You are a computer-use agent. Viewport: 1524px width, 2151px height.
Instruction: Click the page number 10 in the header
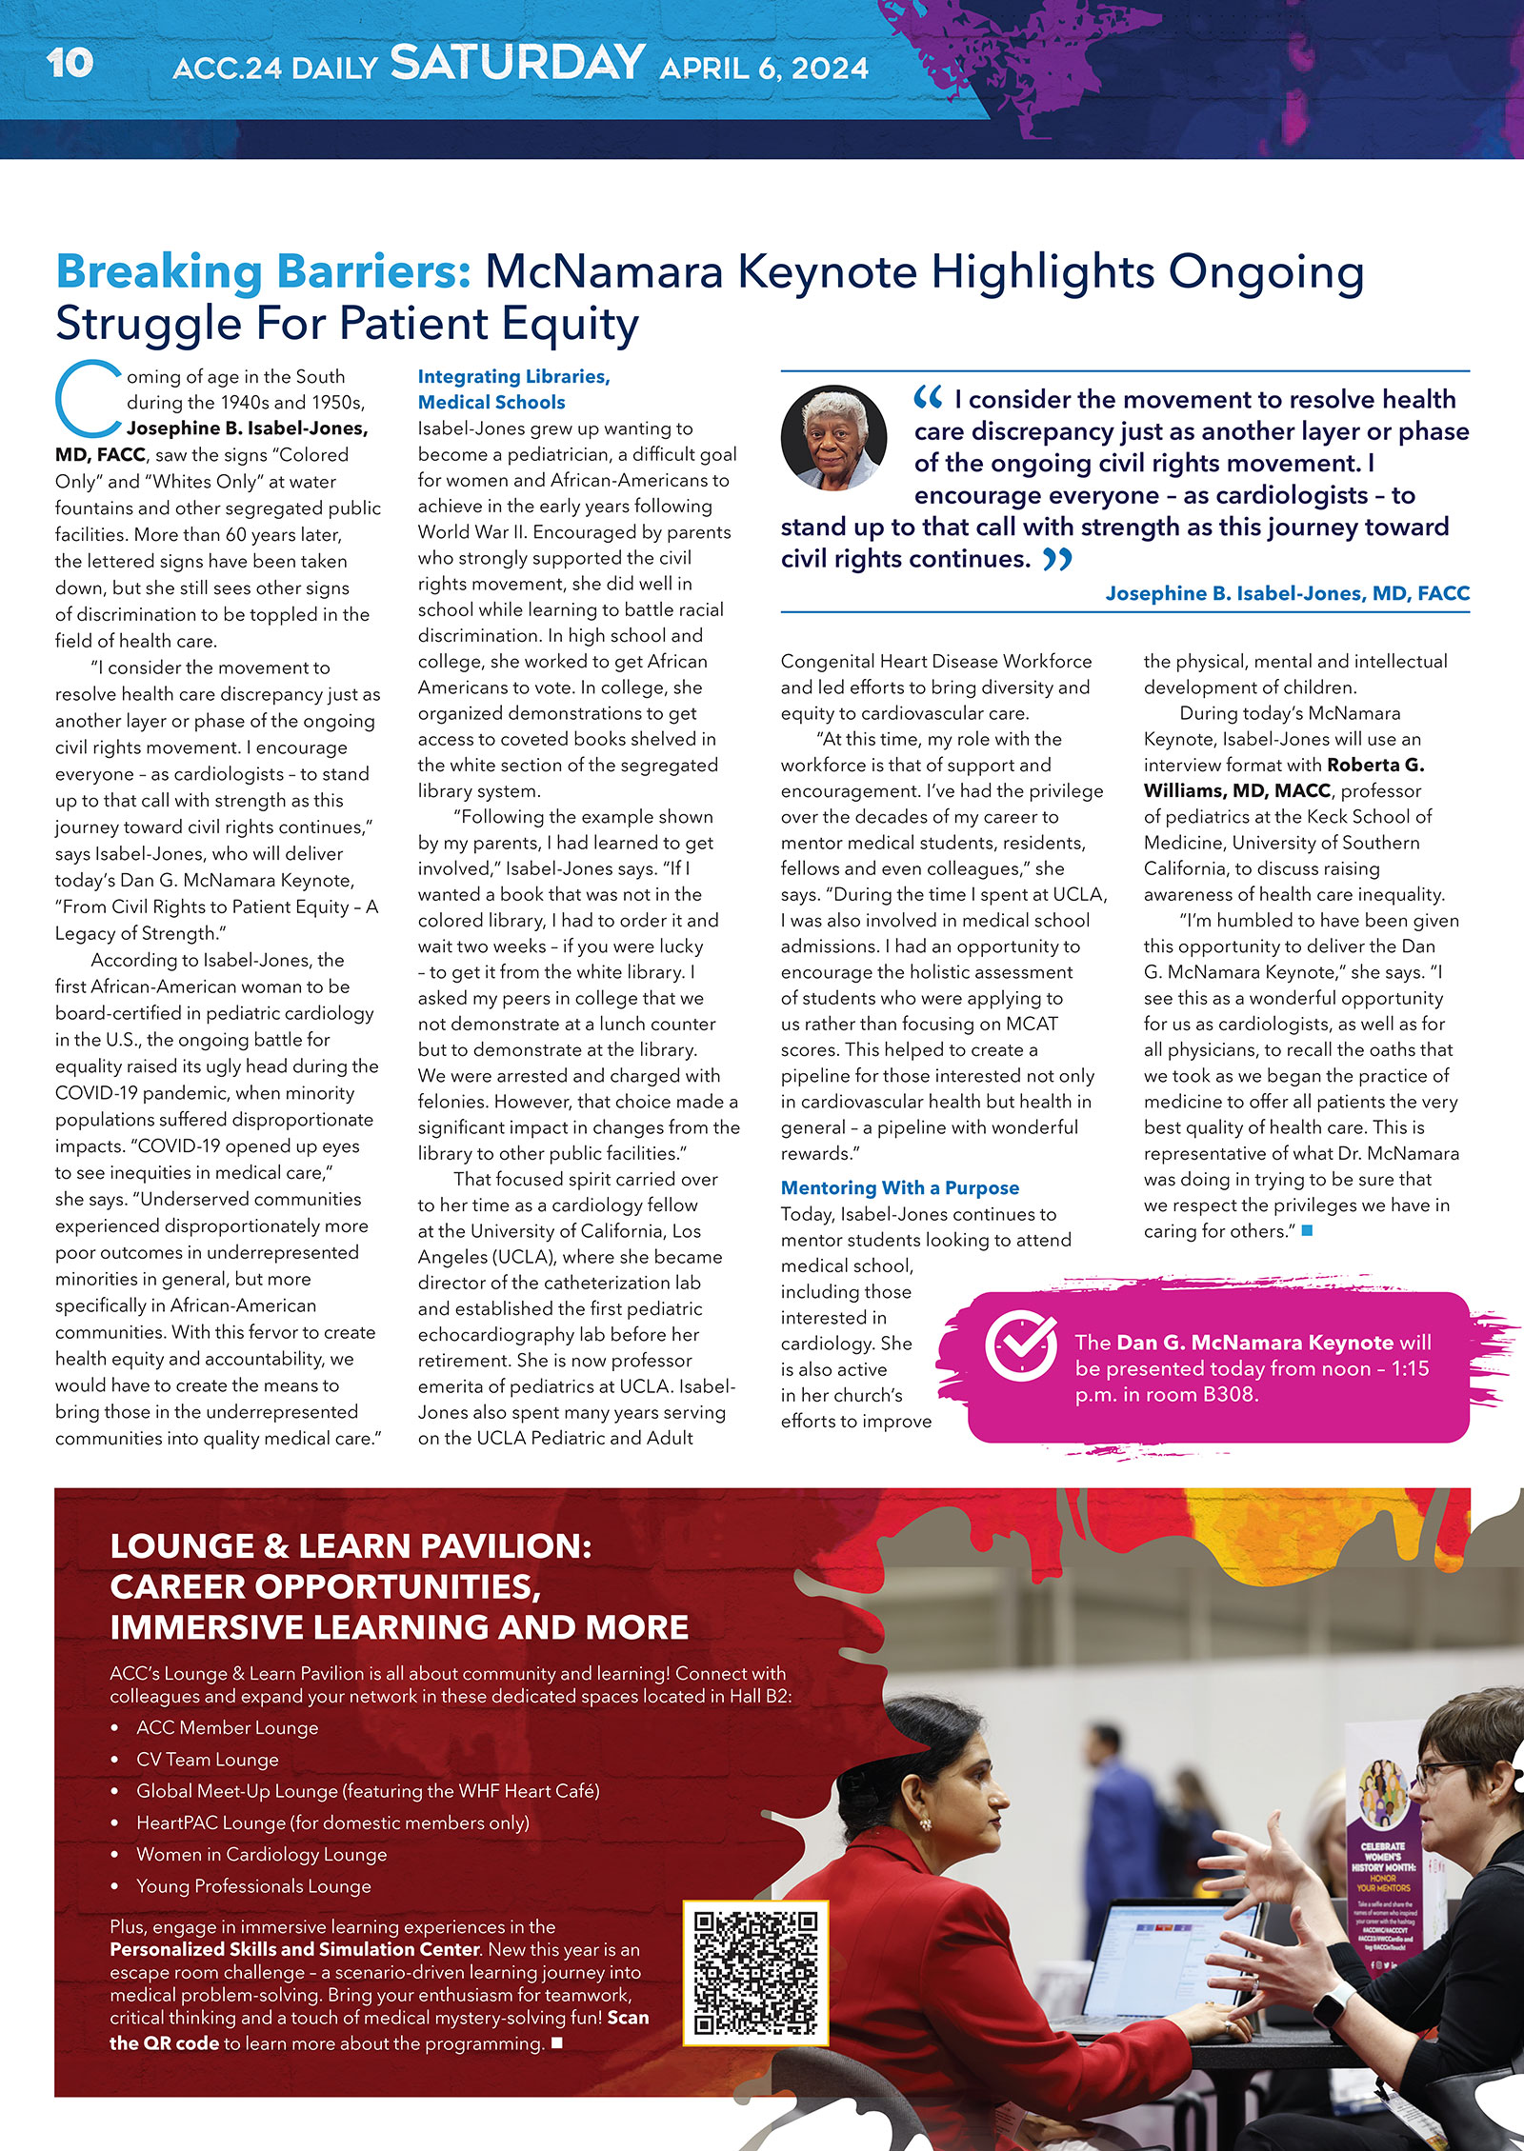pos(70,64)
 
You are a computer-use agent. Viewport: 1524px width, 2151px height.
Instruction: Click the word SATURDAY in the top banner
pos(517,63)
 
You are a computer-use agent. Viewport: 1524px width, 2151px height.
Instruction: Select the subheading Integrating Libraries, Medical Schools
pos(513,389)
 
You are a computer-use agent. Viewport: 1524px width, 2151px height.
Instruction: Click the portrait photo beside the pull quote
pos(833,438)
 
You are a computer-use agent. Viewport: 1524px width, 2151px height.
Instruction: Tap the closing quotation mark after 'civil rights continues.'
pos(1057,559)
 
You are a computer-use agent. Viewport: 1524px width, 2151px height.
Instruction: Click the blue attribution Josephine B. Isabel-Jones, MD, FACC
pos(1287,593)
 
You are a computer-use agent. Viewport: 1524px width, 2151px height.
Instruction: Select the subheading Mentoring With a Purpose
pos(899,1187)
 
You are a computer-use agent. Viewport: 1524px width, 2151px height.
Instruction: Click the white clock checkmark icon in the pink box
pos(1020,1344)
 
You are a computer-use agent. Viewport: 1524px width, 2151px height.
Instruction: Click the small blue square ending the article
pos(1307,1230)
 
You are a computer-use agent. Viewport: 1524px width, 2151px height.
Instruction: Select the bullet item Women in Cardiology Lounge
pos(261,1854)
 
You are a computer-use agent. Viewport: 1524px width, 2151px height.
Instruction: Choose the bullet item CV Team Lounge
pos(207,1760)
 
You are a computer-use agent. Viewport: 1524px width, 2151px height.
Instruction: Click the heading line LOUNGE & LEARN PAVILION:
pos(351,1546)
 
